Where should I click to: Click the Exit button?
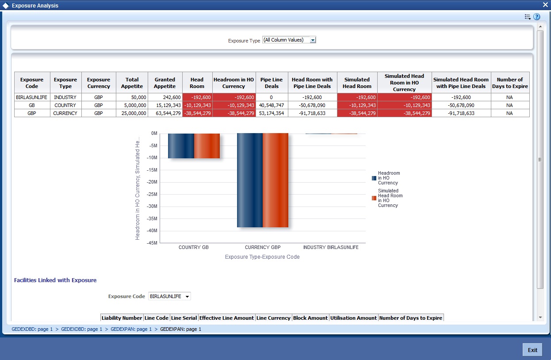(x=532, y=350)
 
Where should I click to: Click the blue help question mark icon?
(x=537, y=17)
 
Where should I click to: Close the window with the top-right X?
(x=545, y=5)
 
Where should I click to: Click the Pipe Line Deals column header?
(x=272, y=83)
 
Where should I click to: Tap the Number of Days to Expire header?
(x=510, y=83)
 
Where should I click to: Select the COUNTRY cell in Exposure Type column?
(x=65, y=105)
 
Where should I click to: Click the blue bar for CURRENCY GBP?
(x=250, y=180)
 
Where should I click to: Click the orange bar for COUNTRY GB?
(x=207, y=146)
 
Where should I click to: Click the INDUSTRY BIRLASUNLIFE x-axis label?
(x=331, y=247)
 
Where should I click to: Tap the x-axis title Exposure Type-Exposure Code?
(x=262, y=257)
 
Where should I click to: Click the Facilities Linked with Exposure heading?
(x=55, y=280)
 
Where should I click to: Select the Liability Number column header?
(x=122, y=318)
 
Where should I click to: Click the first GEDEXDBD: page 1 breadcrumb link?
(x=32, y=329)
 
